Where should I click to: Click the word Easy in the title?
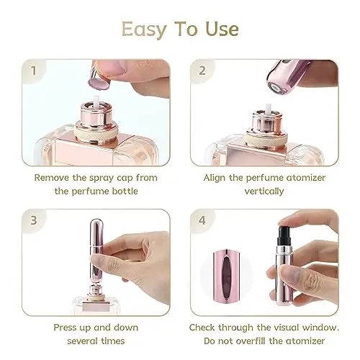click(x=144, y=30)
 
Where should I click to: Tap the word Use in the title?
click(x=222, y=29)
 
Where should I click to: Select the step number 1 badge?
click(x=33, y=71)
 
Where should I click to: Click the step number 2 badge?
click(x=202, y=71)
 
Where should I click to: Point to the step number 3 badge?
click(x=34, y=220)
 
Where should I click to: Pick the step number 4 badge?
click(x=202, y=220)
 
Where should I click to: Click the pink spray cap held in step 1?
click(x=99, y=78)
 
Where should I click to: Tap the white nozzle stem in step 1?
click(x=96, y=100)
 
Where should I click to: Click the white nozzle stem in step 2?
click(x=269, y=108)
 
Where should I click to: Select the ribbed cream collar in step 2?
click(x=266, y=138)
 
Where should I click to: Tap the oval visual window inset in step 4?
click(x=225, y=275)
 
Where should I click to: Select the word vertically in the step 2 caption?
click(x=264, y=192)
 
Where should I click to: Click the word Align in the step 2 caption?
click(x=215, y=179)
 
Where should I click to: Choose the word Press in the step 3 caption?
click(x=64, y=328)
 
